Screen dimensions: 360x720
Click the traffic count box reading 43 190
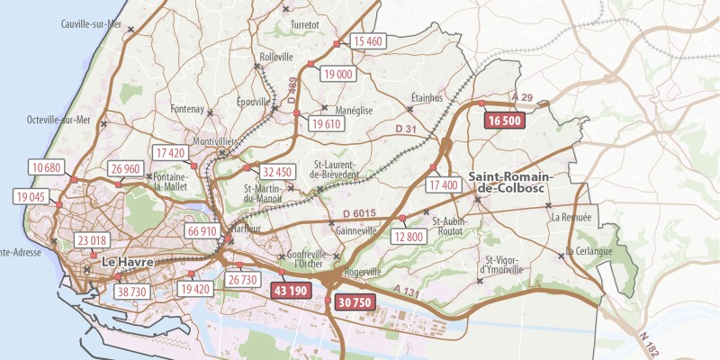[x=292, y=291]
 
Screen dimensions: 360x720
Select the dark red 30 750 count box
[x=354, y=302]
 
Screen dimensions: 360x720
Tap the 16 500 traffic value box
[x=504, y=121]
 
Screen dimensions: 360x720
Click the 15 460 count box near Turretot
[x=368, y=41]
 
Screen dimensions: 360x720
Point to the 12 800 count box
[x=408, y=237]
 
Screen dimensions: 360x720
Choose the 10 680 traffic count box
[x=46, y=167]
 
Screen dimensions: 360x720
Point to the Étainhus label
[x=427, y=97]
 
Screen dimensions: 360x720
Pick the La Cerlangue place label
[x=589, y=251]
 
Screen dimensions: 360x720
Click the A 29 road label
[x=522, y=97]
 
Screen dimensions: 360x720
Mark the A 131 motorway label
[x=408, y=292]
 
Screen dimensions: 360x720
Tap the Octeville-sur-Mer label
[x=59, y=120]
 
